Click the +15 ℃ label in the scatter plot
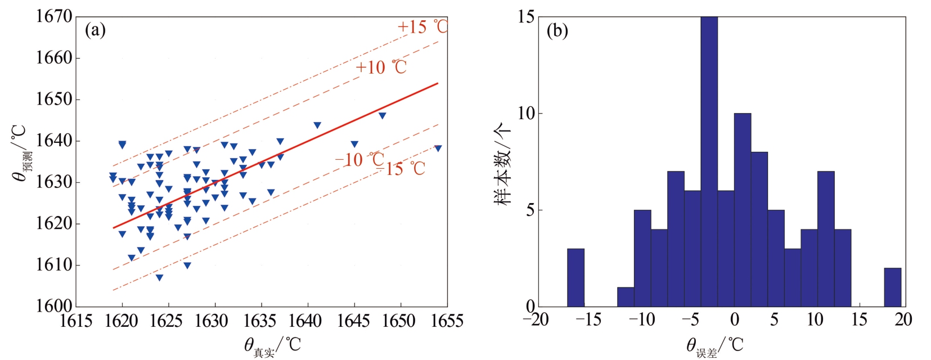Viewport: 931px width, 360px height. [422, 26]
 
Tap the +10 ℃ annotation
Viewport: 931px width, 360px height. [381, 67]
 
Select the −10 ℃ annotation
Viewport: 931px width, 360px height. [359, 160]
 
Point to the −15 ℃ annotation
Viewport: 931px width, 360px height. [405, 168]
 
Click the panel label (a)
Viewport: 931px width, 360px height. [95, 30]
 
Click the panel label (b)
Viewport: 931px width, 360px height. [557, 30]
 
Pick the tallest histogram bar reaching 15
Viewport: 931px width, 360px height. [709, 161]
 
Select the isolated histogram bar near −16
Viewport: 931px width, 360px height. [575, 277]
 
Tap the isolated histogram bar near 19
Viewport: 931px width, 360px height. [892, 287]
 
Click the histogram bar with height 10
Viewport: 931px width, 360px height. [743, 210]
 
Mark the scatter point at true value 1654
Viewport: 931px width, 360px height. [438, 148]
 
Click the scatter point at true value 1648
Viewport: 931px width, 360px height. [382, 115]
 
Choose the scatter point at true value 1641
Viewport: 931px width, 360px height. [317, 125]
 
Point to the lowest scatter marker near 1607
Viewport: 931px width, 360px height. [159, 277]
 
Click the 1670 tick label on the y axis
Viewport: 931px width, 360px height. [55, 17]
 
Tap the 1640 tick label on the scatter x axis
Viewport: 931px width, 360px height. [304, 321]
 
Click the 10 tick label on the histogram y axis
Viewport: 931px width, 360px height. [526, 114]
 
